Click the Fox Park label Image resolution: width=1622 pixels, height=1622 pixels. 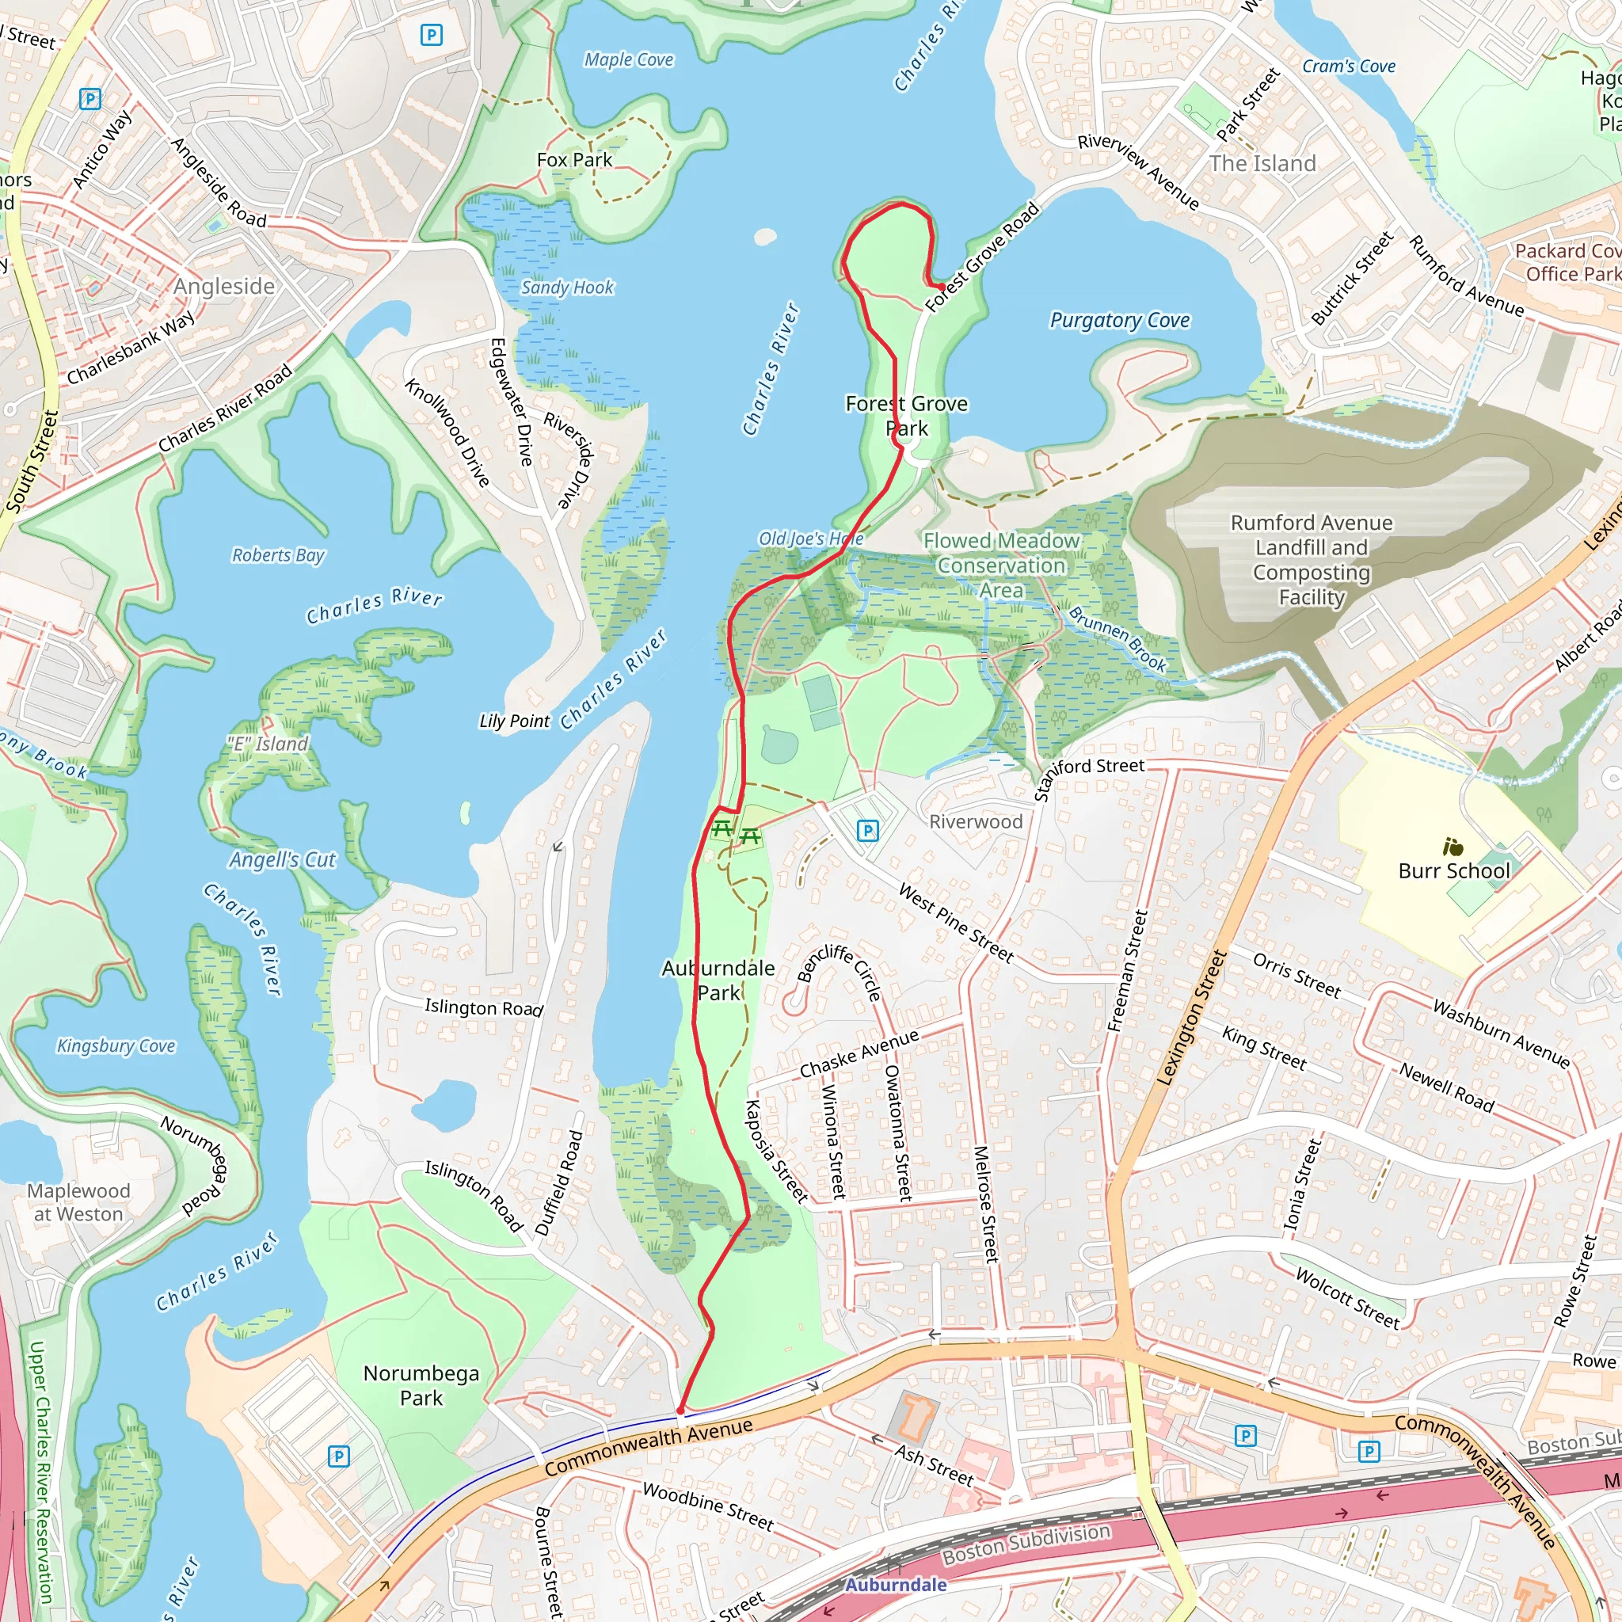pos(574,159)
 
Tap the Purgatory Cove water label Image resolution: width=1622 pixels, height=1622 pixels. pos(1119,320)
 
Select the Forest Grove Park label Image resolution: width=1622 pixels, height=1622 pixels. pos(907,416)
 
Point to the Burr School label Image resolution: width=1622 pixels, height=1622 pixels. pos(1453,870)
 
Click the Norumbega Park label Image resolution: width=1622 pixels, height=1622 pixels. pos(421,1385)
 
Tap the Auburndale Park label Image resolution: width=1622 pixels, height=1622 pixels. pos(718,980)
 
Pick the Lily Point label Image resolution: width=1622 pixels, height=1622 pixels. pos(514,722)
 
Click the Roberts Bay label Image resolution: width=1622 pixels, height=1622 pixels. pos(278,555)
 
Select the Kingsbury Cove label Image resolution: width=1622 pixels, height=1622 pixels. pos(116,1046)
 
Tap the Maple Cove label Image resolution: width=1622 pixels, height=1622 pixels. pos(629,59)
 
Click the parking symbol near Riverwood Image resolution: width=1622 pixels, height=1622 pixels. pos(867,831)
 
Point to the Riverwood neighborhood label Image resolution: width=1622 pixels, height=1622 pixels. pos(976,822)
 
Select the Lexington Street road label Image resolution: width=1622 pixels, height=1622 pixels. pos(1192,1018)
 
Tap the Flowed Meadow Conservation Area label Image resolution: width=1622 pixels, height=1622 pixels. pos(1001,565)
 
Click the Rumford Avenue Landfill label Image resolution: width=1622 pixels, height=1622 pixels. pos(1312,559)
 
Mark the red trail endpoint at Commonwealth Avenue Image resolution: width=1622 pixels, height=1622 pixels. pos(681,1411)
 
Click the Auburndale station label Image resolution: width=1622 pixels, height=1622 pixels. pos(895,1584)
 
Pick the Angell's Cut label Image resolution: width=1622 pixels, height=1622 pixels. pos(282,859)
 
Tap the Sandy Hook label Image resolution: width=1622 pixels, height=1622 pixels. pos(568,287)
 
